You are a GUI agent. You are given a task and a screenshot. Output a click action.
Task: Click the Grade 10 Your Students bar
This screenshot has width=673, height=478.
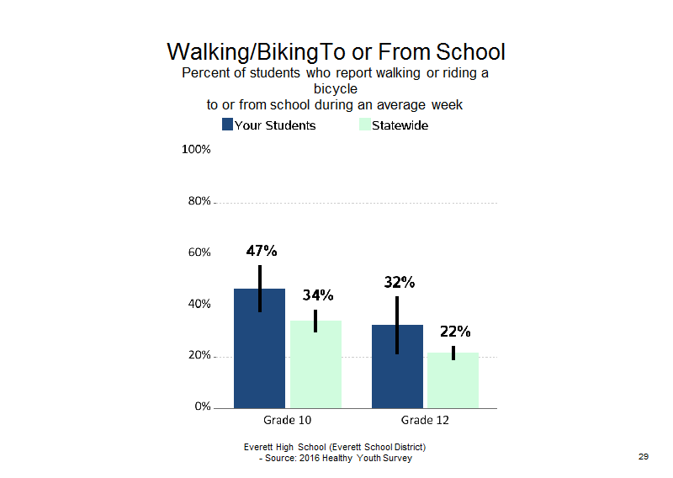pos(259,348)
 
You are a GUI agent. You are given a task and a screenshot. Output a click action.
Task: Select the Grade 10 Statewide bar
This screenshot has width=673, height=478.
pos(316,364)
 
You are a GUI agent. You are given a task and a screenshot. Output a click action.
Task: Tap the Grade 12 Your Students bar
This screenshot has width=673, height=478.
pos(397,366)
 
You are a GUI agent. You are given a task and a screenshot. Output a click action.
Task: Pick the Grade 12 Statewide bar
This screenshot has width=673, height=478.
pos(453,380)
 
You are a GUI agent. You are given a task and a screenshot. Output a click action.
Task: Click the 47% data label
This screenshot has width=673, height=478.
pos(262,251)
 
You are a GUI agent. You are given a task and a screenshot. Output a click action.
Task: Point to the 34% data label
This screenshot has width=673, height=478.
pos(318,295)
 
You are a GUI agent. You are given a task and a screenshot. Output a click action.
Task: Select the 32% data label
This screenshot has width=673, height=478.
pos(400,282)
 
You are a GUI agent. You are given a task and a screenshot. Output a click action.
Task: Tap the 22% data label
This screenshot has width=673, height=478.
pos(455,332)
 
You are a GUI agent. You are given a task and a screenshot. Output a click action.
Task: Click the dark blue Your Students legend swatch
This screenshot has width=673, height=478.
pos(227,124)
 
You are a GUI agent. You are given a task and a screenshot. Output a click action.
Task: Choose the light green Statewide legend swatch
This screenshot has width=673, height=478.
pos(365,124)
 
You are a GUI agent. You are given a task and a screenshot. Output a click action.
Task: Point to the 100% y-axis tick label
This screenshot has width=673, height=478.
pos(196,150)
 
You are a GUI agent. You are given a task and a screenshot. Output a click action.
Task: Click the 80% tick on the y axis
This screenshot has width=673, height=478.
pos(199,201)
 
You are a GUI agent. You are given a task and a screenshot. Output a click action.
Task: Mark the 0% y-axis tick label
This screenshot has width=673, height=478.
pos(203,406)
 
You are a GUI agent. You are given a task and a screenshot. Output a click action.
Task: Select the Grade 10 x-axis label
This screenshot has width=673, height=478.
pos(287,420)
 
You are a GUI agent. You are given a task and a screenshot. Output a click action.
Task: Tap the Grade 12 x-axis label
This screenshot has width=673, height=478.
pos(425,420)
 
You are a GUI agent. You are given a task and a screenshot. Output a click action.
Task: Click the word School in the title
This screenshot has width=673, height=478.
pos(470,52)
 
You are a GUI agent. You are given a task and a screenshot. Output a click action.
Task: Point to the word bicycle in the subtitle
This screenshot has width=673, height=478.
pos(335,89)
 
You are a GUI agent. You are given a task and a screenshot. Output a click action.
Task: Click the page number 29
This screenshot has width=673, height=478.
pos(644,456)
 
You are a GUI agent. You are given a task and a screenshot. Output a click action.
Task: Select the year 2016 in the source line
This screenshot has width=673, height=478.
pos(309,459)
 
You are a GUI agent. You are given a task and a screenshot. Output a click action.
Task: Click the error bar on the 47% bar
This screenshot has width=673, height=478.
pos(260,289)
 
